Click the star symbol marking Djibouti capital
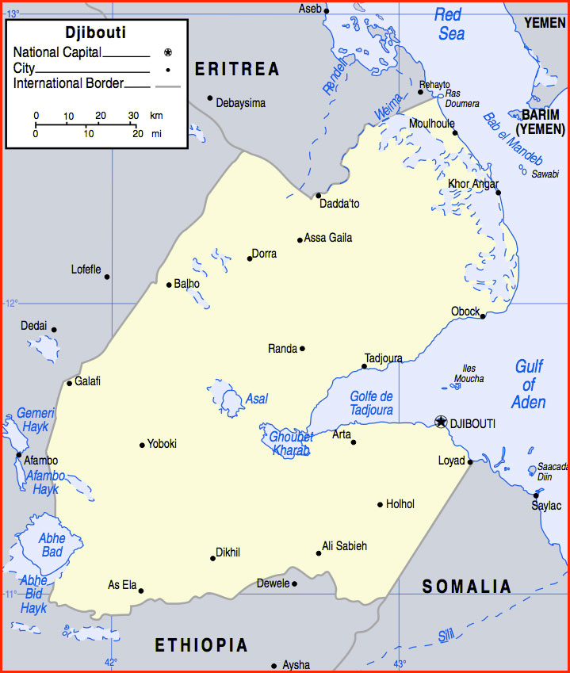click(441, 423)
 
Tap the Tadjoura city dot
click(365, 366)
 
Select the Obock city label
click(465, 312)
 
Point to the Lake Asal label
click(257, 399)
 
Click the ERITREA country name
click(237, 70)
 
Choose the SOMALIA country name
click(467, 587)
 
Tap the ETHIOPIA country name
click(201, 644)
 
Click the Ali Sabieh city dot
click(319, 553)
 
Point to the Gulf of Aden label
click(528, 384)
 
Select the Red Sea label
click(449, 24)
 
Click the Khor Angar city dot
click(498, 192)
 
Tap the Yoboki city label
click(162, 444)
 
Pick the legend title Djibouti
click(95, 33)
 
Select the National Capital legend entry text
click(57, 52)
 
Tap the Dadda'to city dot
click(318, 195)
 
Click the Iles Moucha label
click(469, 373)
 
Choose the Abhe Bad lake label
click(52, 545)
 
